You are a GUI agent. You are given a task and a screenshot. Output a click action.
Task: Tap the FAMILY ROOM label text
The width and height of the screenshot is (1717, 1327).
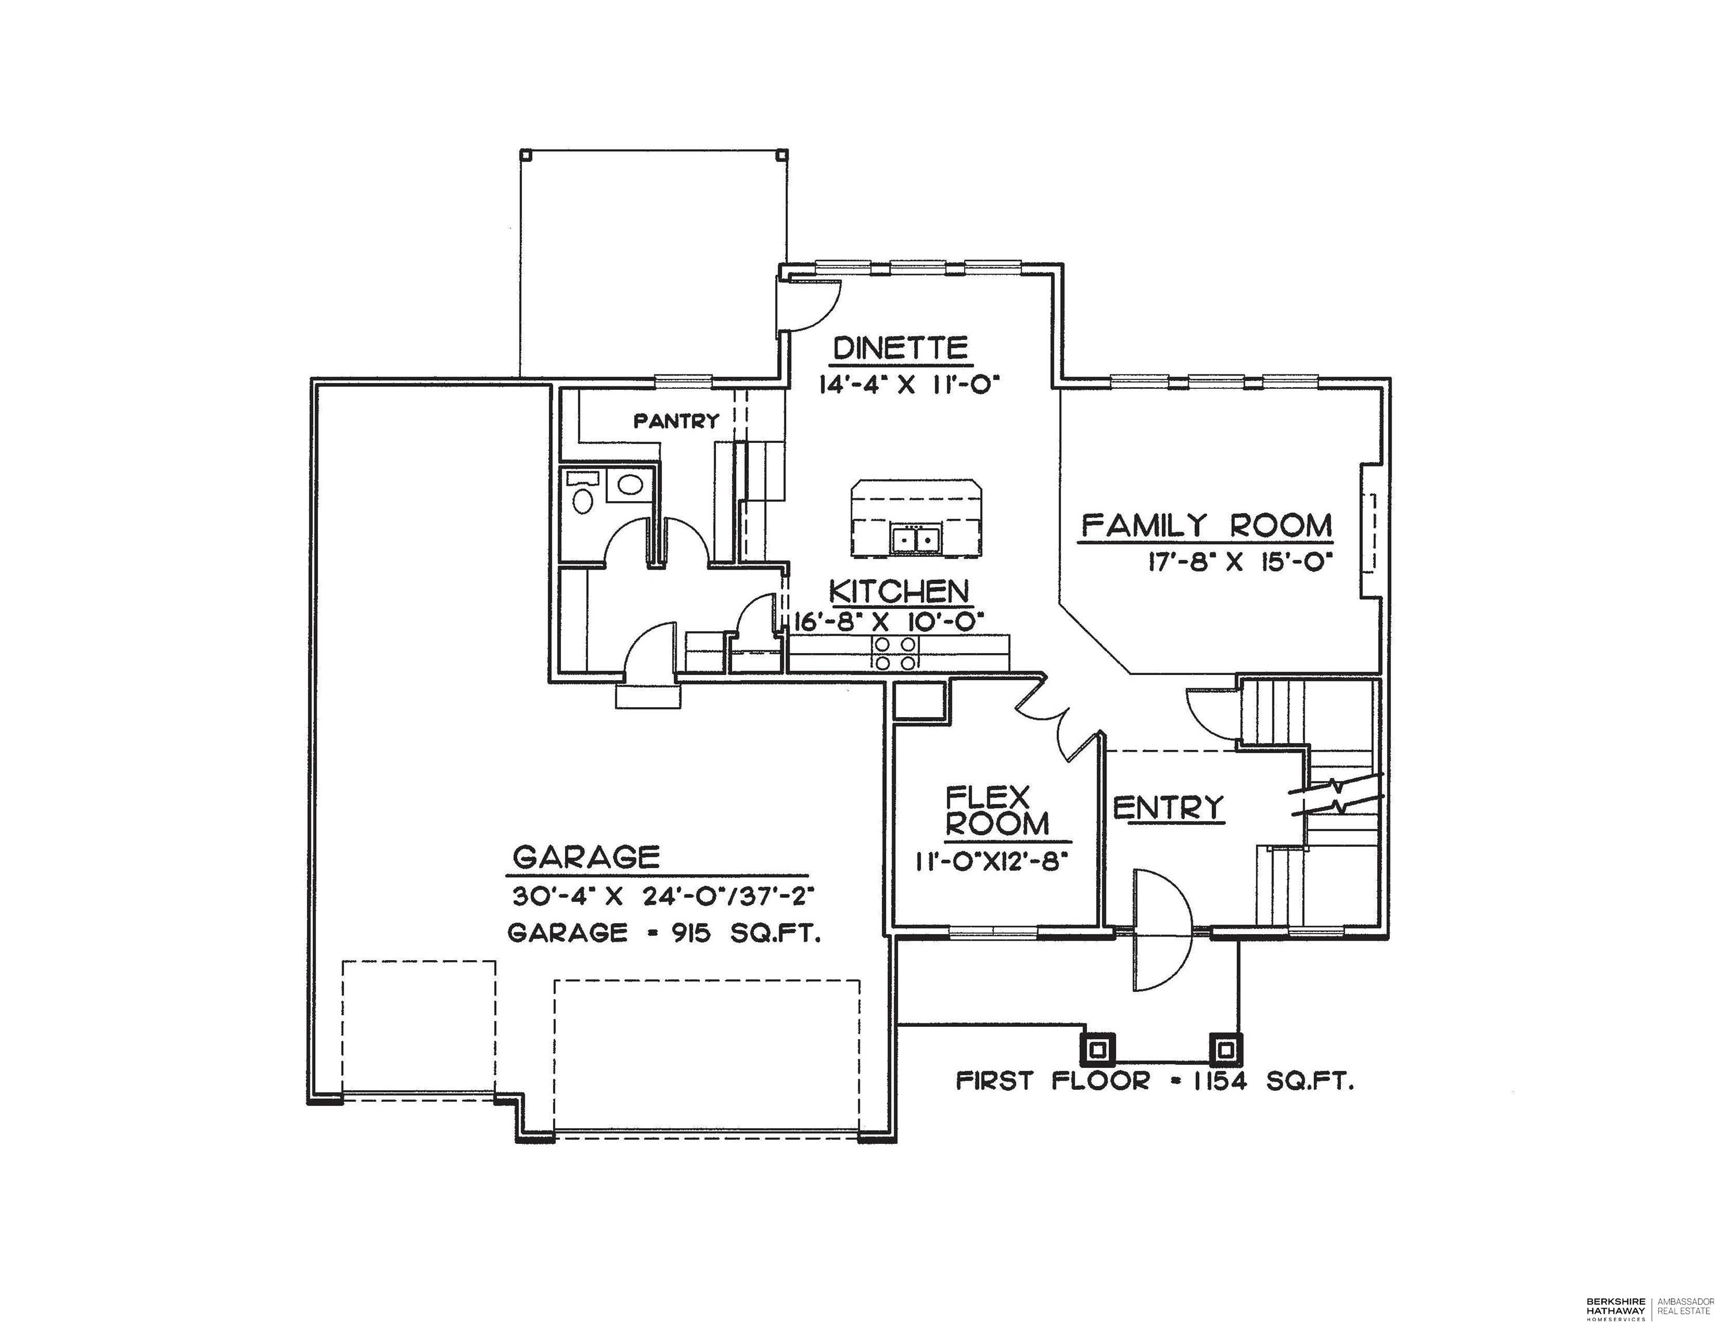1208,525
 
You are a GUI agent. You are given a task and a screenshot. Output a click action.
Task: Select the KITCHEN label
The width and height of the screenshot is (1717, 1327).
899,591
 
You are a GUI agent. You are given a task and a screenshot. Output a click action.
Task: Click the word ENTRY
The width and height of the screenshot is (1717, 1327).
1169,807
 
